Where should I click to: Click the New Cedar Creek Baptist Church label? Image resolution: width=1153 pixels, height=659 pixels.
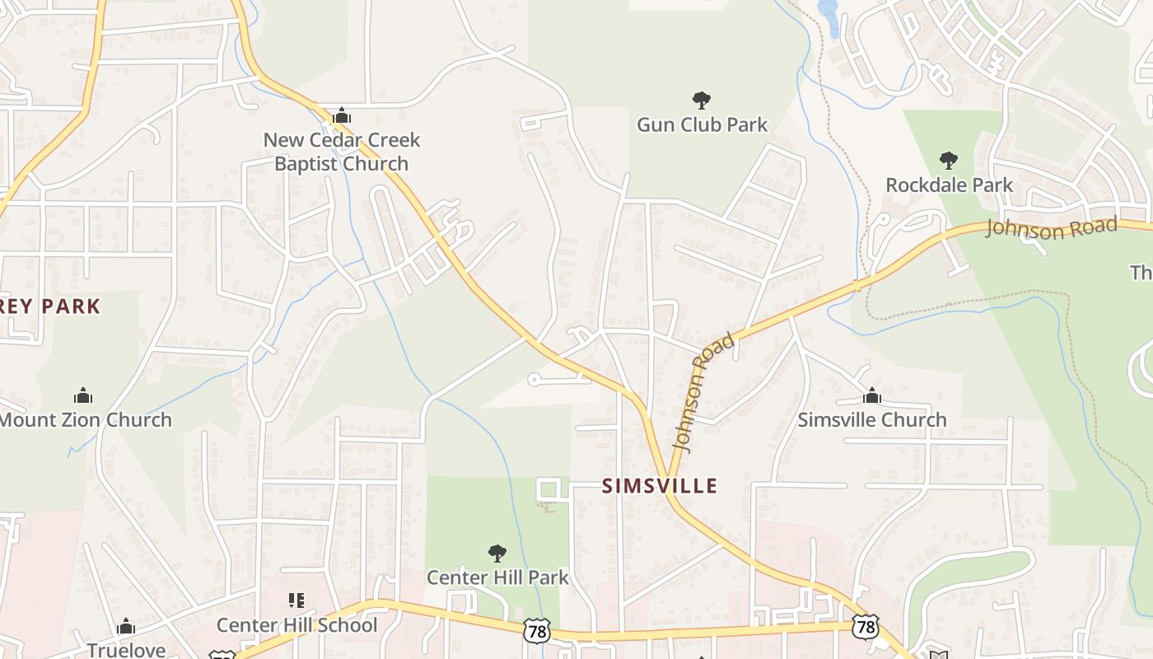click(x=341, y=152)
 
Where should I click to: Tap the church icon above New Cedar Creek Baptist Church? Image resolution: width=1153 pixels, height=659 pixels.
click(x=341, y=116)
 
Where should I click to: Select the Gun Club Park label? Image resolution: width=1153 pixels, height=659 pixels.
click(x=702, y=125)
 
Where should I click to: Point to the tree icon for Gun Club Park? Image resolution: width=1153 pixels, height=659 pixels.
click(x=702, y=100)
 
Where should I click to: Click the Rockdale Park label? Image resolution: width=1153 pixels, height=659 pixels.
click(x=949, y=185)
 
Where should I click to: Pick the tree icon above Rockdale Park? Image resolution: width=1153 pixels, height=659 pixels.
click(x=949, y=160)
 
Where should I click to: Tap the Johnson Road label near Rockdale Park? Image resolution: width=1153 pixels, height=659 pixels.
click(x=1052, y=227)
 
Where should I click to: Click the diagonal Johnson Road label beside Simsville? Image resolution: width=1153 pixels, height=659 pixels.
click(x=702, y=393)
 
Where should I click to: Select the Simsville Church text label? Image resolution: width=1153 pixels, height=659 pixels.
click(x=872, y=420)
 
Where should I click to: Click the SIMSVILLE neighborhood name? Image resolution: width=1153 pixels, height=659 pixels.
click(x=660, y=486)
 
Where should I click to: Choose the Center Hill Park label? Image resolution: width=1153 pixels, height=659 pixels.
click(x=497, y=577)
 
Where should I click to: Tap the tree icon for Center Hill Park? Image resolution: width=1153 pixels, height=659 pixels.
click(x=497, y=553)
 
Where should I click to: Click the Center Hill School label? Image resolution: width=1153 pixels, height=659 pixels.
click(x=296, y=625)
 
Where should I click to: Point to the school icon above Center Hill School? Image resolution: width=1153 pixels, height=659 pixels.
click(x=296, y=601)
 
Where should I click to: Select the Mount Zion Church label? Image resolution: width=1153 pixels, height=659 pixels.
click(x=85, y=420)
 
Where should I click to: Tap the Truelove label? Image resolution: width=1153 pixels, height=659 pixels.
click(x=126, y=650)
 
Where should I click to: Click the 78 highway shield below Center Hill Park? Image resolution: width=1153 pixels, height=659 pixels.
click(x=536, y=631)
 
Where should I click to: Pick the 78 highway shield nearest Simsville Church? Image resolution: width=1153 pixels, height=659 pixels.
click(x=865, y=626)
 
